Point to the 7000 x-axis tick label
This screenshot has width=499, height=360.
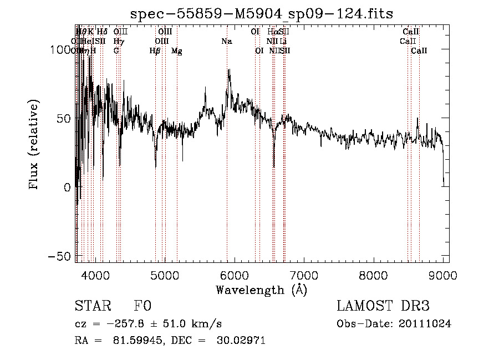tap(304, 274)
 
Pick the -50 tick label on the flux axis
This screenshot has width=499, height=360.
tap(58, 256)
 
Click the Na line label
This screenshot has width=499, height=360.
tap(226, 41)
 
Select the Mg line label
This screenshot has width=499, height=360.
tap(176, 51)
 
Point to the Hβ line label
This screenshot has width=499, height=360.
tap(155, 51)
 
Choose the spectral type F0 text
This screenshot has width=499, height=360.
tap(142, 307)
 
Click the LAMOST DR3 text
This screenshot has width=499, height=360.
tap(383, 307)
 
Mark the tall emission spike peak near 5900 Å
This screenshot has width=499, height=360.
tap(228, 70)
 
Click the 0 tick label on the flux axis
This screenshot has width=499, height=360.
tap(66, 187)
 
